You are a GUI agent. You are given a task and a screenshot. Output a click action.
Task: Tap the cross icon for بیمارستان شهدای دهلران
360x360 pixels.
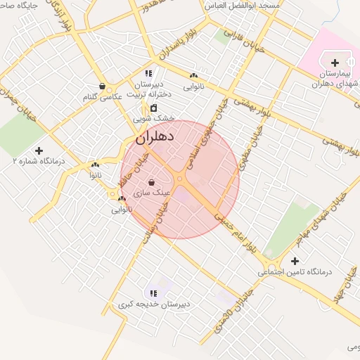tap(335, 63)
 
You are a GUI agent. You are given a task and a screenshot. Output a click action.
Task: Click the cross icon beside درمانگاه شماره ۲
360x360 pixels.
tap(39, 150)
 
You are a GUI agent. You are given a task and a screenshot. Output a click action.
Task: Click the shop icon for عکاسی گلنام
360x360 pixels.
tap(103, 86)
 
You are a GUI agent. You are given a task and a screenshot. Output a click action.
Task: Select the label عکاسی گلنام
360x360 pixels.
tap(103, 96)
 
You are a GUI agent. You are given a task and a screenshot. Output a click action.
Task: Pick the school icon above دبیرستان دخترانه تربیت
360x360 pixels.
tap(148, 73)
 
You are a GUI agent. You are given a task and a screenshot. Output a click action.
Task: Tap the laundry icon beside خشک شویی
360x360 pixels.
tap(153, 108)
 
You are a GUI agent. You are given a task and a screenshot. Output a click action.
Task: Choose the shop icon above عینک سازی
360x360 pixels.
tap(151, 182)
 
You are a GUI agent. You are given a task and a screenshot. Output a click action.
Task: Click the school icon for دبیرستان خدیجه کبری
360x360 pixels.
tap(153, 293)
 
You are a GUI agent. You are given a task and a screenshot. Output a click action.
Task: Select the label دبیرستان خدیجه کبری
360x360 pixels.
tap(154, 304)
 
